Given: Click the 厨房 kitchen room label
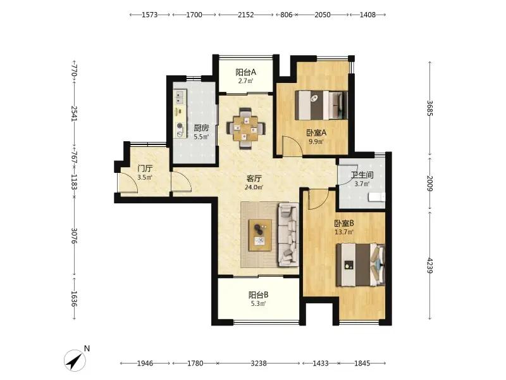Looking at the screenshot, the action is coord(201,129).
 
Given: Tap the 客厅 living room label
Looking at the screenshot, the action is coord(254,179).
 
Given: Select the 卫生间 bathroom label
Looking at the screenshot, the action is coord(362,175).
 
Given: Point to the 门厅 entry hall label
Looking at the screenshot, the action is coord(145,168).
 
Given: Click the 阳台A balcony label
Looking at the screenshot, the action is coord(245,72).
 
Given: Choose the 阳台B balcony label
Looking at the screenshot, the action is coord(258,294).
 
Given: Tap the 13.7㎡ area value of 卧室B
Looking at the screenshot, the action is coord(344,232).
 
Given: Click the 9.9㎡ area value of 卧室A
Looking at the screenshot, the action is coord(316,141).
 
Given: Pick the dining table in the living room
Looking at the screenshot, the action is coord(246,129).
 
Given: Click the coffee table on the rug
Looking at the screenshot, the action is coord(260,235).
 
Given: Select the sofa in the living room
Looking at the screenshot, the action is coord(288,234).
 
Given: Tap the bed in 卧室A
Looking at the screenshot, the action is coord(321,105).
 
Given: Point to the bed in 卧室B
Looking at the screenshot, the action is coord(361,265).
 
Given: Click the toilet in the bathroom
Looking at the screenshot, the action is coord(377,197).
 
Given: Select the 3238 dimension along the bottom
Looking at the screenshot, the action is coord(259,363).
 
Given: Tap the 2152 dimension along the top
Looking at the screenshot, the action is coord(246,15).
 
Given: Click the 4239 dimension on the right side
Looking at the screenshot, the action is coord(429,265).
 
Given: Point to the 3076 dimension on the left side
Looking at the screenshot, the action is coord(74,236).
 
